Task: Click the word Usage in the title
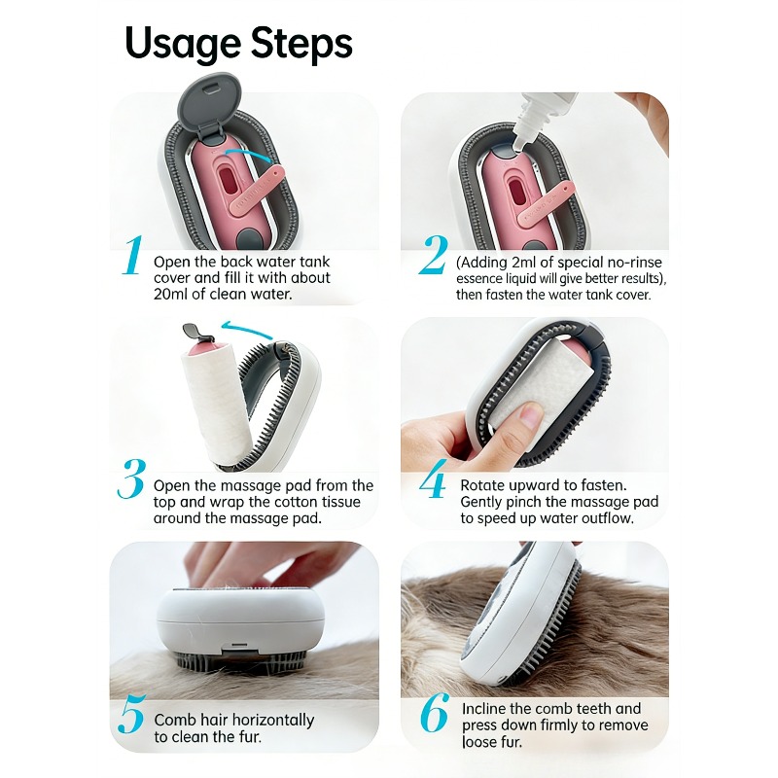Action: pos(183,45)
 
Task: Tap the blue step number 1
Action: pos(133,255)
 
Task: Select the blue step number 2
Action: pos(433,255)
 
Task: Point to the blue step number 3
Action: pos(131,478)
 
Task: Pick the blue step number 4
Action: pos(433,478)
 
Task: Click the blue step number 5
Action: pos(132,714)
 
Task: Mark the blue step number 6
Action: pos(435,713)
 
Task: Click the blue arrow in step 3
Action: pos(247,329)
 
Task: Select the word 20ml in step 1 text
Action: pos(170,294)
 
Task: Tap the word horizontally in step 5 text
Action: pos(273,720)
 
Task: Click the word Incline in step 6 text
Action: pos(483,709)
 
